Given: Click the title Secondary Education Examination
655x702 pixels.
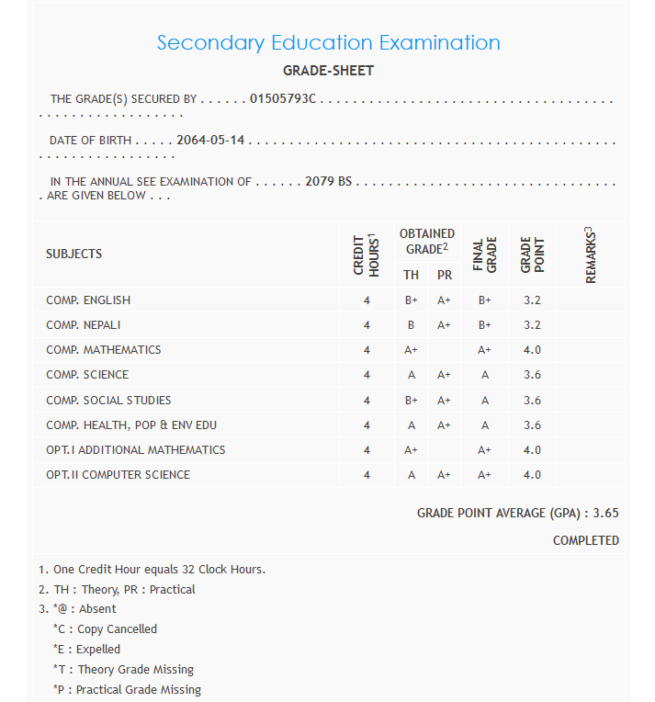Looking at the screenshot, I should click(328, 42).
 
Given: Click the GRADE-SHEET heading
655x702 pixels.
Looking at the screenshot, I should click(328, 71).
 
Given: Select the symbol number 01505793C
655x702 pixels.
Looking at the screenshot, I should click(283, 98).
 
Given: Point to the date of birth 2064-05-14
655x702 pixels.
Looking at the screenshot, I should click(210, 141).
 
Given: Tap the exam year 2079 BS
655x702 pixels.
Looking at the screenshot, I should click(328, 182).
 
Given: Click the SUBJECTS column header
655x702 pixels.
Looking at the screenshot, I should click(73, 254).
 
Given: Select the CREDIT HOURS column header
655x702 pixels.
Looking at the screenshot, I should click(367, 254).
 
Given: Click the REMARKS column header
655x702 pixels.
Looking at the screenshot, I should click(590, 254).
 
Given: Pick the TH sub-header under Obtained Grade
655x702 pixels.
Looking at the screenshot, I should click(411, 275).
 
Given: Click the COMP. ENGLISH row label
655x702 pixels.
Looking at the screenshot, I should click(88, 300).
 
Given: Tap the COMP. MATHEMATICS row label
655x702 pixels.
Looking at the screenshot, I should click(103, 350).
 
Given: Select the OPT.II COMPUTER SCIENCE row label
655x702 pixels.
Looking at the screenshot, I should click(118, 475).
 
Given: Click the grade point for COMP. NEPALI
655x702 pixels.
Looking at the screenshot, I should click(532, 325).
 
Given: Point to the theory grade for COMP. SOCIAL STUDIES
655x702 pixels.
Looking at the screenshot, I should click(411, 401).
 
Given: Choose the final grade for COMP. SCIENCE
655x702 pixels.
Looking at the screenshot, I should click(484, 375).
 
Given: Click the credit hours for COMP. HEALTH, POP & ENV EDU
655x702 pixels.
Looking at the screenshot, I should click(367, 425).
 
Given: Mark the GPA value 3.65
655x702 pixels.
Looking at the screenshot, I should click(605, 513).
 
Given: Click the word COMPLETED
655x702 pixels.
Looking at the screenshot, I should click(585, 540).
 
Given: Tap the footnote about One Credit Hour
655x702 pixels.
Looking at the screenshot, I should click(152, 570).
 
